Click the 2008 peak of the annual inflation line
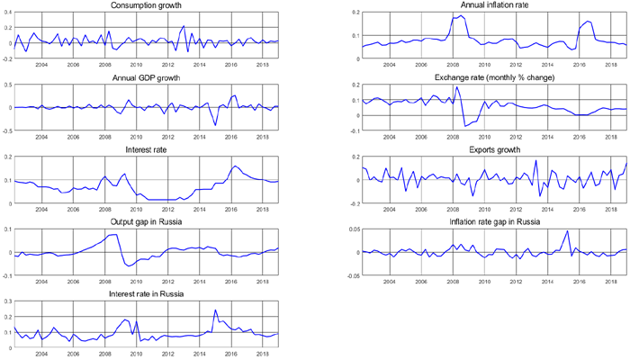pyautogui.click(x=460, y=15)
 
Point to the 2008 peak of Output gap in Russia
pyautogui.click(x=115, y=234)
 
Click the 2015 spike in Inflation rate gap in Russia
pyautogui.click(x=567, y=231)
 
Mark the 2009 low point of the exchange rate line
pyautogui.click(x=464, y=126)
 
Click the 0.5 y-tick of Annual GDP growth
pyautogui.click(x=7, y=85)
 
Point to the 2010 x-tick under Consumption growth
pyautogui.click(x=136, y=65)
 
